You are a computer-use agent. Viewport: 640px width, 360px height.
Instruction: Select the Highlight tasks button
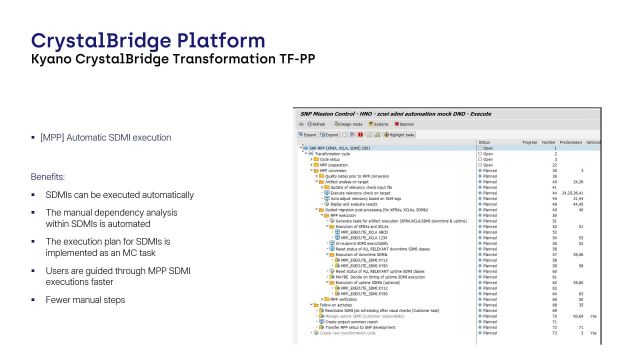coord(401,133)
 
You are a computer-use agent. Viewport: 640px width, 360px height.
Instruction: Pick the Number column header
coord(548,142)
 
